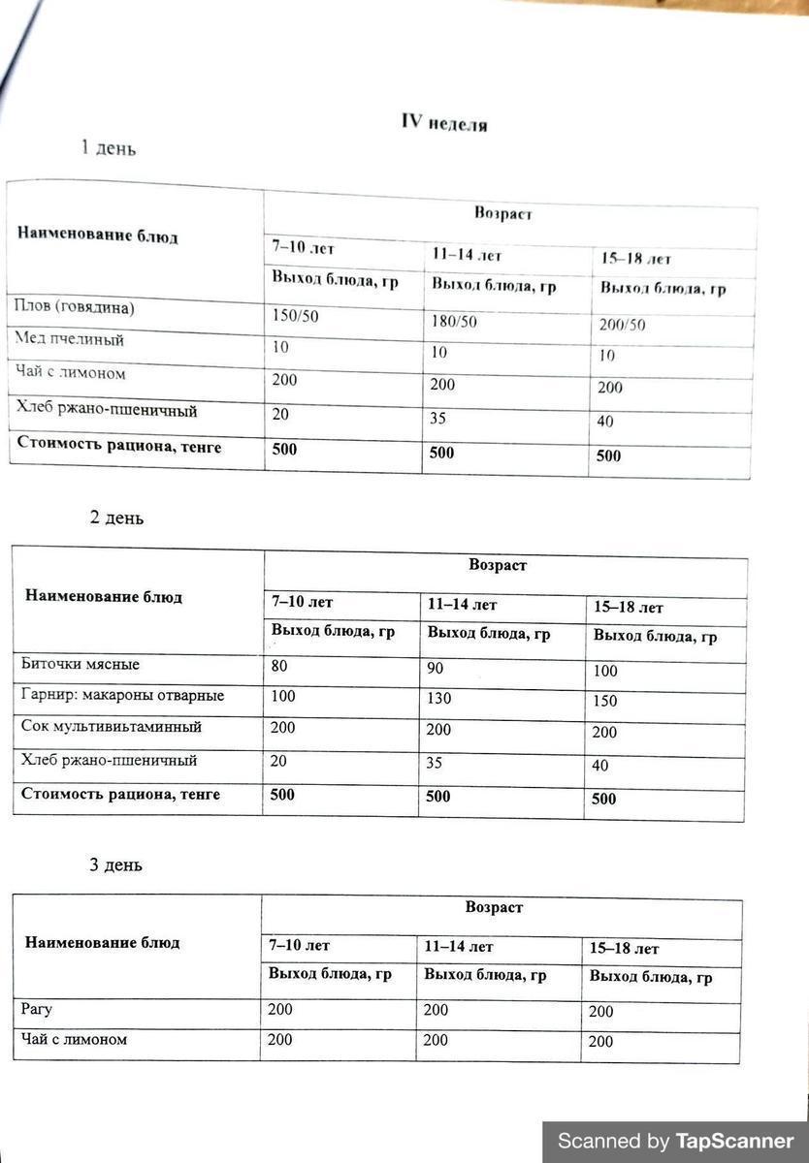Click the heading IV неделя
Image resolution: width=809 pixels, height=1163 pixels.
(x=444, y=123)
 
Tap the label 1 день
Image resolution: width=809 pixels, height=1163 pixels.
(x=108, y=148)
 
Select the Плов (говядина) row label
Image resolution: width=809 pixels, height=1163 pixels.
(x=75, y=308)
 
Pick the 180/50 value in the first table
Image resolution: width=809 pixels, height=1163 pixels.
(x=454, y=321)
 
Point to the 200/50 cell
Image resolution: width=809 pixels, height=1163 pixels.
(x=622, y=325)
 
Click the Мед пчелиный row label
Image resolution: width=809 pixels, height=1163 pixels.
(x=69, y=340)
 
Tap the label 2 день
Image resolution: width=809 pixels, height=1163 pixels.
(x=116, y=518)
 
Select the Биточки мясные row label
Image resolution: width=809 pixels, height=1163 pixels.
(x=81, y=665)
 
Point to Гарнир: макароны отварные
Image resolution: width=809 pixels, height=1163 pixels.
(x=122, y=696)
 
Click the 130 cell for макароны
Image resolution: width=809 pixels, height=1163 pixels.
(x=438, y=700)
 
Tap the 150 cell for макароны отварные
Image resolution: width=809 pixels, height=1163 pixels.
(x=605, y=701)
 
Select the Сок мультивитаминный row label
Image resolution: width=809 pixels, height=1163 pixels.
(x=112, y=727)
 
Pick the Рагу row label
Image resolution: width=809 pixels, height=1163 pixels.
(x=37, y=1010)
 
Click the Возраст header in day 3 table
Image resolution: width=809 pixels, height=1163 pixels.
(x=494, y=908)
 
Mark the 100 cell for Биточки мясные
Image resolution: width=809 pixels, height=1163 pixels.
(x=605, y=671)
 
